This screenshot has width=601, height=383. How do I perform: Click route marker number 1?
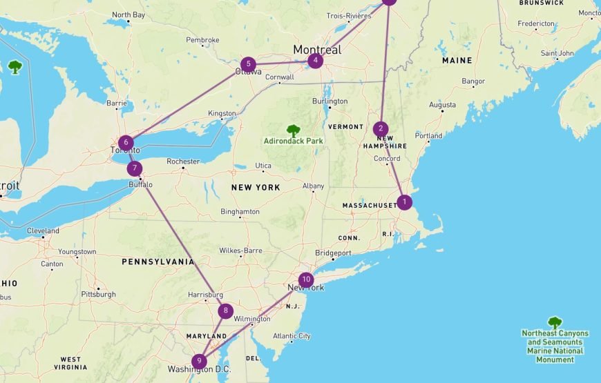tap(404, 202)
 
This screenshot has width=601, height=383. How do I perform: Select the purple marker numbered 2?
tap(381, 129)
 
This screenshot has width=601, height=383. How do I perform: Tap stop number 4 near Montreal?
tap(315, 61)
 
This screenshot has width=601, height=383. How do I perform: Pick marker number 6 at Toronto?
tap(124, 143)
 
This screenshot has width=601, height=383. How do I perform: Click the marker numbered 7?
tap(135, 168)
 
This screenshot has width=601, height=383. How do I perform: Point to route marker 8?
tap(225, 311)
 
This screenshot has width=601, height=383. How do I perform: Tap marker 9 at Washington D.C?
tap(200, 361)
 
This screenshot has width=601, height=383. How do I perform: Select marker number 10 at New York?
tap(306, 280)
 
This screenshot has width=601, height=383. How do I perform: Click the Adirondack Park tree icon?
tap(294, 130)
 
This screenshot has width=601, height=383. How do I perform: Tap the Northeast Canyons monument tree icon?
tap(555, 322)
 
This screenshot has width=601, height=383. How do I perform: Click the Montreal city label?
tap(317, 50)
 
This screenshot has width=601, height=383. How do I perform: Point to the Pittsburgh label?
tap(99, 294)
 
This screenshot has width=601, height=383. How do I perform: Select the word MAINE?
tap(457, 60)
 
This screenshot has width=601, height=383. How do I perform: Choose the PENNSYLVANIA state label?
tap(158, 262)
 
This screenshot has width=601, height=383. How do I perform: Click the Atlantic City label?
tap(292, 336)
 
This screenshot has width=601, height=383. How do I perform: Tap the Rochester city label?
tap(182, 161)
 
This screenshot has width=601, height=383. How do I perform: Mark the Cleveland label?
tap(43, 230)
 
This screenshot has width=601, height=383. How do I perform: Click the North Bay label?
tap(128, 14)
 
